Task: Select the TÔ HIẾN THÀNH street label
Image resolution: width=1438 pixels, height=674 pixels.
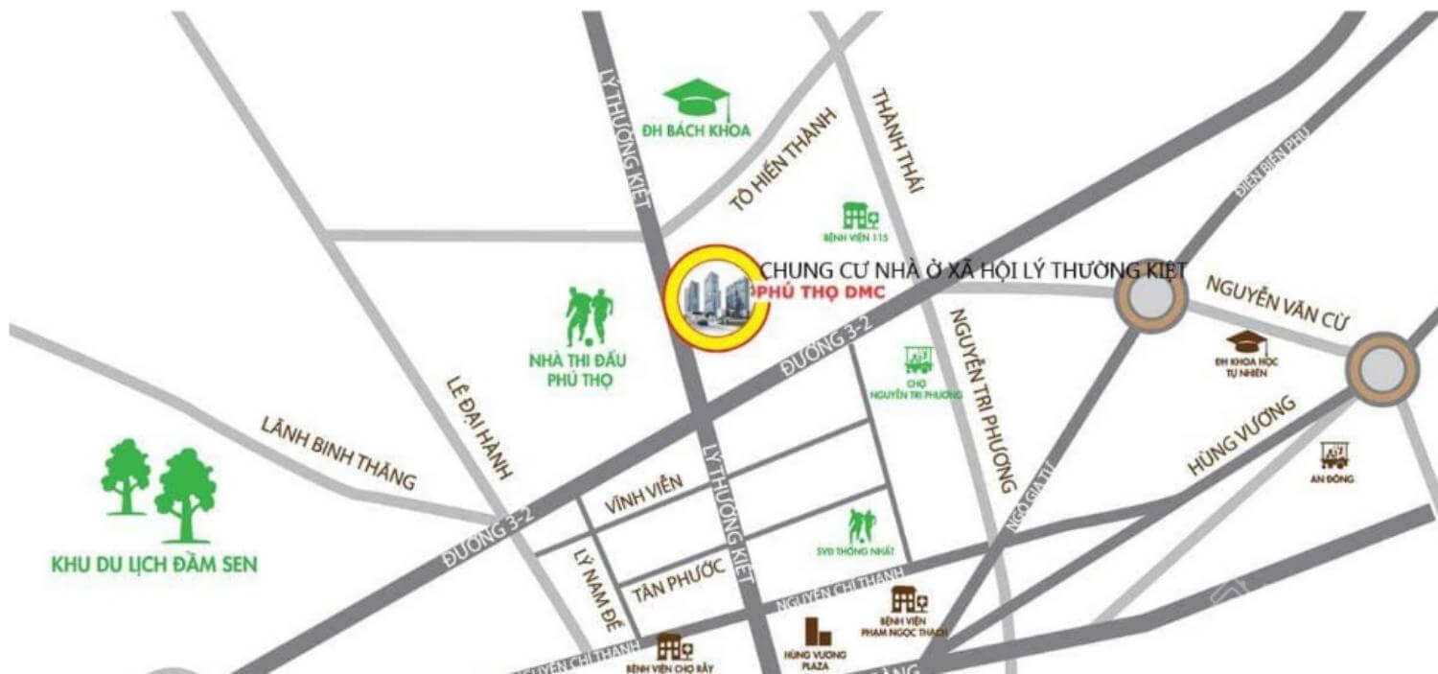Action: [x=782, y=159]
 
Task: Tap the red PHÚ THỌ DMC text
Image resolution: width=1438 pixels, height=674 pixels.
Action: [x=820, y=291]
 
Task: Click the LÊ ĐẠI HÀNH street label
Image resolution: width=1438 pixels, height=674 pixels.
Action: [x=479, y=427]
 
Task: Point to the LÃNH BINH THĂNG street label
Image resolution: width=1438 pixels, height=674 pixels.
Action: [x=339, y=453]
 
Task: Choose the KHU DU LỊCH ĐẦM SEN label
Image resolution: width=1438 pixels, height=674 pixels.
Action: [x=154, y=565]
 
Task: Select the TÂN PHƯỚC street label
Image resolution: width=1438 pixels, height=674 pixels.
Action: [x=678, y=581]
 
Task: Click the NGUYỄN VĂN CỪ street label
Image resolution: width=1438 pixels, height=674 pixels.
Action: [x=1277, y=303]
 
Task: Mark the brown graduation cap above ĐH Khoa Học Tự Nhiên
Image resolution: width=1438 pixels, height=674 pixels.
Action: [x=1245, y=341]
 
